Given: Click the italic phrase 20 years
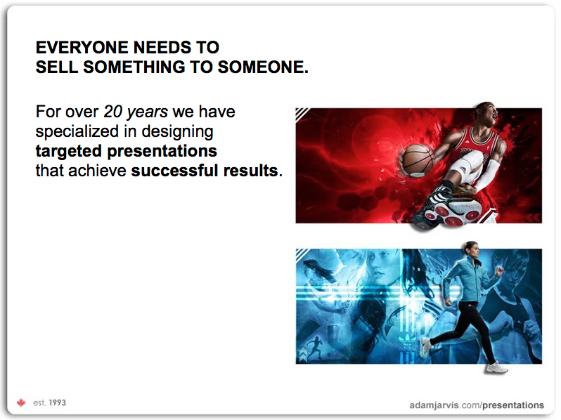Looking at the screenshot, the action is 136,112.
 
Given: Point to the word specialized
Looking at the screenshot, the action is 77,131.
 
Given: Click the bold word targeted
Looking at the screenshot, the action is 69,151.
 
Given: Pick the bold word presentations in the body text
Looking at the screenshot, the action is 162,151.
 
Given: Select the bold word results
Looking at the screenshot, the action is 250,171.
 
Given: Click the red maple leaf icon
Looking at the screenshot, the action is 21,403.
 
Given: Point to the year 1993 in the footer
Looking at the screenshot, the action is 57,403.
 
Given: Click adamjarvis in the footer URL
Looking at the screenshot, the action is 434,405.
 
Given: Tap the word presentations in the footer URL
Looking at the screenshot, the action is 513,405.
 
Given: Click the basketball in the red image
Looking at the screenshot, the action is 417,159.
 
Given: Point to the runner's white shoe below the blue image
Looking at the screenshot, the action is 496,368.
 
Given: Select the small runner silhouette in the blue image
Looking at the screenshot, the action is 314,347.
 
